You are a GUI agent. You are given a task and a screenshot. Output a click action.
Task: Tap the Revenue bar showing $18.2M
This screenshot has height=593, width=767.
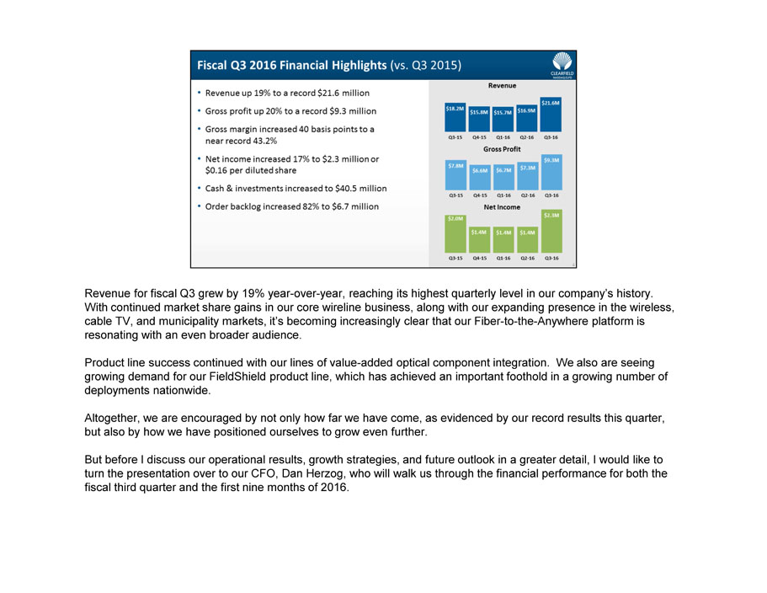pyautogui.click(x=455, y=117)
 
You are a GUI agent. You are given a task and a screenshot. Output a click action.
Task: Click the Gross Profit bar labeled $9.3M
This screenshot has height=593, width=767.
pyautogui.click(x=551, y=171)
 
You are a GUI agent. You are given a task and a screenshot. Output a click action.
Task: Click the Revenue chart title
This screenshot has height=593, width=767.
pyautogui.click(x=502, y=85)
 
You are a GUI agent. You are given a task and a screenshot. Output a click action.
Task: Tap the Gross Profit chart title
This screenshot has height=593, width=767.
pyautogui.click(x=502, y=149)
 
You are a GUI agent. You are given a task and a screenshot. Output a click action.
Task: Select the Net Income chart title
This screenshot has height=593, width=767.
pyautogui.click(x=502, y=206)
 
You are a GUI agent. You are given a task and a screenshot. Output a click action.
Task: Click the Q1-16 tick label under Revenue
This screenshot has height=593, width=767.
pyautogui.click(x=503, y=136)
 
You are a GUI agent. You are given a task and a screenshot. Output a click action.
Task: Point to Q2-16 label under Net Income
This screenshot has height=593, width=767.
pyautogui.click(x=527, y=259)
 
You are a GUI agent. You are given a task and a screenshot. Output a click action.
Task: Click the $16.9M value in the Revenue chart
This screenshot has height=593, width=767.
pyautogui.click(x=527, y=110)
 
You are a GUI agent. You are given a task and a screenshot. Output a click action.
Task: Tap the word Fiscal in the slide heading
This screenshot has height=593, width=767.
pyautogui.click(x=216, y=64)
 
